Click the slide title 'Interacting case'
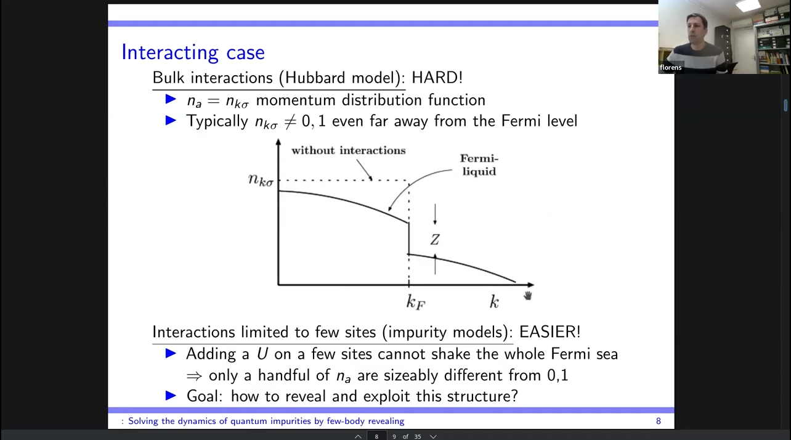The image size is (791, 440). coord(193,52)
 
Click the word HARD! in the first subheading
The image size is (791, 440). coord(437,78)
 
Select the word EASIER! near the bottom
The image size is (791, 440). coord(550,332)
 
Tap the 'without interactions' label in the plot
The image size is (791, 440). coord(348,150)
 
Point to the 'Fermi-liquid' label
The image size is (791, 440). coord(479,165)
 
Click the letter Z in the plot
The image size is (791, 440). coord(435,240)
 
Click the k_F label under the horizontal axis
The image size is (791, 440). coord(416,303)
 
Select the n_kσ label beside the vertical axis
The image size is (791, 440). coord(261,180)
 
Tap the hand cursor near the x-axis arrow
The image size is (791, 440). coord(527,296)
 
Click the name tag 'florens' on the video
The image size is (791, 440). coord(671,67)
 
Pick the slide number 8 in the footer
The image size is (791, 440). coord(658,421)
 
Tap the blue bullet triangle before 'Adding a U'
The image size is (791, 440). coord(171,353)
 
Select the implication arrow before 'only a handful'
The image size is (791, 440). coord(194,376)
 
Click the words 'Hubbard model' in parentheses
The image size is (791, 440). coord(339,78)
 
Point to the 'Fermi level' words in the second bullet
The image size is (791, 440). coord(539,121)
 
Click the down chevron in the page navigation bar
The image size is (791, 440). coord(433,437)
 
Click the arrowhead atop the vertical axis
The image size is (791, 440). coord(278,142)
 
